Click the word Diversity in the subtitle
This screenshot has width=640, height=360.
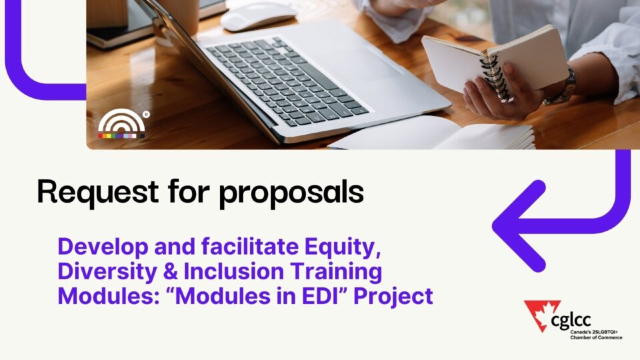tap(107, 272)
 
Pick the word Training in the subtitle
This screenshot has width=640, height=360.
tap(336, 272)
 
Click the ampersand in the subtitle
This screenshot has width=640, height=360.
tap(170, 272)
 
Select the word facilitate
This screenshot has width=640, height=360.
tap(250, 247)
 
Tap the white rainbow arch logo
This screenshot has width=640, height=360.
tap(121, 123)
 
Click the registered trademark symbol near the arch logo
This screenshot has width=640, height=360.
tap(147, 115)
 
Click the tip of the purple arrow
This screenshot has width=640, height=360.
tap(494, 226)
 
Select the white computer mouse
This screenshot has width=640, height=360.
tap(257, 16)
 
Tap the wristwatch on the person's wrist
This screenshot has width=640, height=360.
tap(561, 89)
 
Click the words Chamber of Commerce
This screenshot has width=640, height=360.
tap(596, 337)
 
